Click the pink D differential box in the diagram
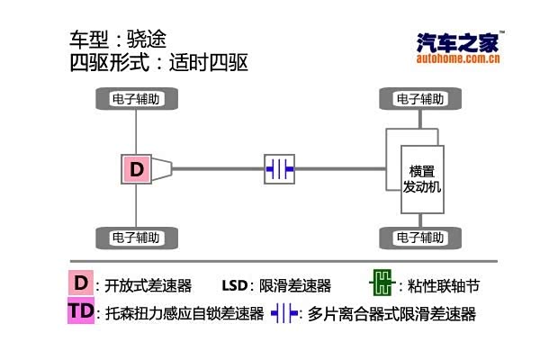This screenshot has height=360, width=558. tap(136, 168)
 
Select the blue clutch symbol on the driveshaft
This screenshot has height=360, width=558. tap(279, 168)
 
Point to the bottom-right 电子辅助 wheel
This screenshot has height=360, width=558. tap(418, 238)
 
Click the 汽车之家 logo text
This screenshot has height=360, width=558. tap(457, 42)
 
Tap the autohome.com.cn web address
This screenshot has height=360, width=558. tap(458, 60)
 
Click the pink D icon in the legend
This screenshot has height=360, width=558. tap(80, 283)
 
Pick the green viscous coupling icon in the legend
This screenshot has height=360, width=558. tap(382, 284)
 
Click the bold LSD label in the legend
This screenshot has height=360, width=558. tap(234, 286)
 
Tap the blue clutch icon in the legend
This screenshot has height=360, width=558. tap(284, 313)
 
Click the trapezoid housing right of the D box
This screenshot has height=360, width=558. tap(161, 168)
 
